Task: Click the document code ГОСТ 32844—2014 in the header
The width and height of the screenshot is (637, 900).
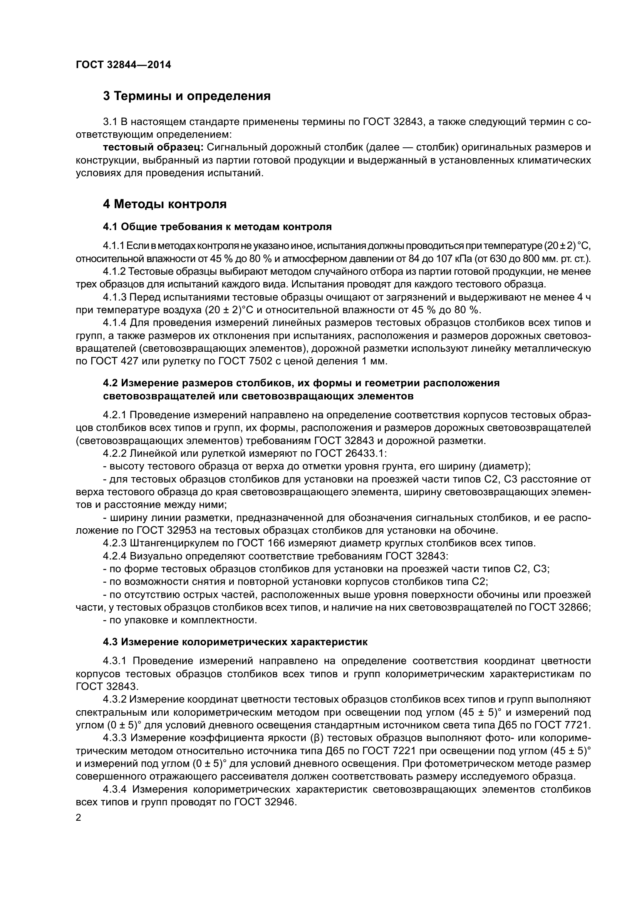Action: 123,65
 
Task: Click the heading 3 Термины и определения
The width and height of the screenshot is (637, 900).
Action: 187,96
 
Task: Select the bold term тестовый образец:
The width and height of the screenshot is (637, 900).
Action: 153,147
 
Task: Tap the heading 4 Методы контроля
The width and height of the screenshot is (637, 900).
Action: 165,204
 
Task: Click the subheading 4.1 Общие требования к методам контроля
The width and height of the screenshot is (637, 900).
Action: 217,227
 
